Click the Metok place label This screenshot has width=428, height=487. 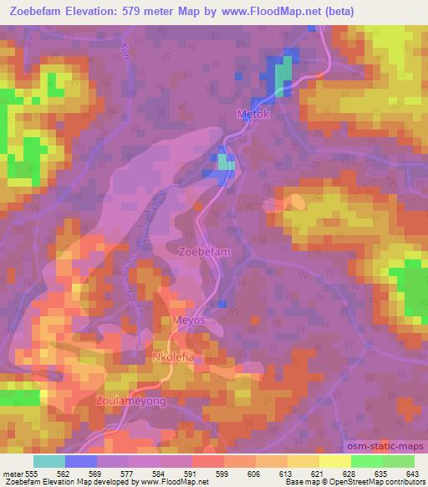[x=254, y=115]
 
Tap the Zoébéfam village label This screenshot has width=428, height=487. [x=204, y=250]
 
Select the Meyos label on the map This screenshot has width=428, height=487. [x=188, y=320]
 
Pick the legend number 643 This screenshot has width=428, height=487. [x=413, y=473]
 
